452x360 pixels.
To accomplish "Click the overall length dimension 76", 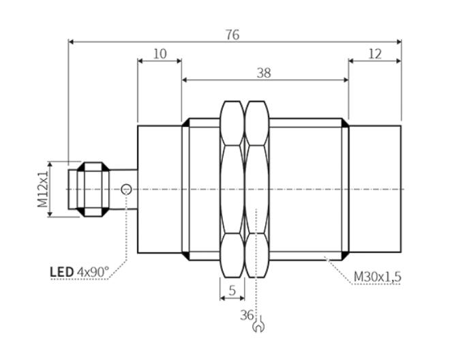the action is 232,35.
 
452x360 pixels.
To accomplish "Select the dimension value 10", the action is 160,54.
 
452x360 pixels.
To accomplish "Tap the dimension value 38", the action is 264,73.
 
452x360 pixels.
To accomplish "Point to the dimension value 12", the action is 375,54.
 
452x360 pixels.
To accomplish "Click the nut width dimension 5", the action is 232,290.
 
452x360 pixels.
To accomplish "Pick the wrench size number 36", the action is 247,315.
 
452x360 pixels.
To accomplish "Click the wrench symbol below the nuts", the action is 258,325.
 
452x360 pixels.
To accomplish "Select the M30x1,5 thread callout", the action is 377,277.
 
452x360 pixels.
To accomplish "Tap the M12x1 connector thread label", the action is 43,189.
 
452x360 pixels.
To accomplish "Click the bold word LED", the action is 61,272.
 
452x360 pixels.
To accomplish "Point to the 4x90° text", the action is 93,272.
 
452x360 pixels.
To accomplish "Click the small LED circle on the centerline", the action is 126,190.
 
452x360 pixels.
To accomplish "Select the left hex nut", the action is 232,189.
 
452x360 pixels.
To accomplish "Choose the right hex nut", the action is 257,189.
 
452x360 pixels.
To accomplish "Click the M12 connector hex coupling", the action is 93,190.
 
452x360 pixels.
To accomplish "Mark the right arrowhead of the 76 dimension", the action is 399,42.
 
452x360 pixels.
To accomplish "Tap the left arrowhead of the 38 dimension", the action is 185,80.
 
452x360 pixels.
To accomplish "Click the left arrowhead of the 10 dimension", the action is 140,61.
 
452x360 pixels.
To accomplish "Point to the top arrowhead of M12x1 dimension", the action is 50,164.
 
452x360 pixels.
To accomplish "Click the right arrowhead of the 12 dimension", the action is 398,61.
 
